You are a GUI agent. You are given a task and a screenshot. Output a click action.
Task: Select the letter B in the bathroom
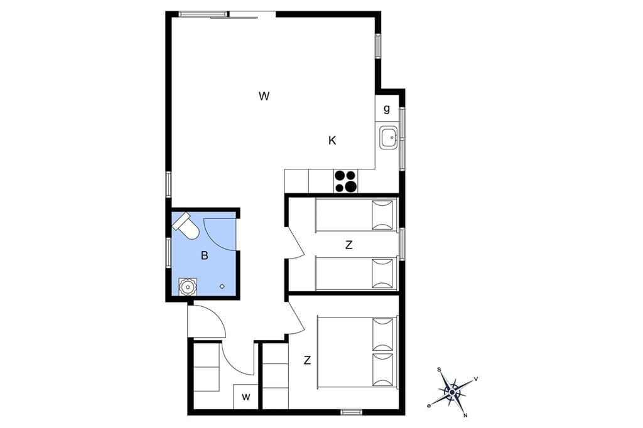(205, 256)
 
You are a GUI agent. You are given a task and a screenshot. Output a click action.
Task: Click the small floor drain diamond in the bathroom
(222, 286)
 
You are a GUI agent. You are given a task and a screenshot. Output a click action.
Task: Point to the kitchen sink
(388, 137)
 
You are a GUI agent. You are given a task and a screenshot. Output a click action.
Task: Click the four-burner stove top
(345, 181)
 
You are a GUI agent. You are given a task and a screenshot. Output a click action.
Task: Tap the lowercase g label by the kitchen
(387, 109)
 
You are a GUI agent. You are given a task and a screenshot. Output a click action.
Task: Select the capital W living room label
(264, 97)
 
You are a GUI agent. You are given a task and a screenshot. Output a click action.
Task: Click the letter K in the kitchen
(332, 141)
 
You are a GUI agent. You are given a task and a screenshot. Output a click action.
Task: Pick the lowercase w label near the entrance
(246, 397)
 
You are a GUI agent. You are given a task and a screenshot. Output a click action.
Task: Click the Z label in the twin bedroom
(349, 245)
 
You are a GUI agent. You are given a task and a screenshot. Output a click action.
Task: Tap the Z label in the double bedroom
(307, 360)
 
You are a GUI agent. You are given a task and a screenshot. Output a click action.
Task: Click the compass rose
(452, 392)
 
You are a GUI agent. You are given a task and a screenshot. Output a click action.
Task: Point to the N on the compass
(465, 415)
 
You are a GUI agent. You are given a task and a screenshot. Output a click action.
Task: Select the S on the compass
(439, 370)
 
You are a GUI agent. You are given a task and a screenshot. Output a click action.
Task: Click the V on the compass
(476, 379)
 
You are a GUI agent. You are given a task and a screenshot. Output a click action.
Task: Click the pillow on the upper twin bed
(382, 215)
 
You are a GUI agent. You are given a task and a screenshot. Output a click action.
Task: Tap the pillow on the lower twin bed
(382, 274)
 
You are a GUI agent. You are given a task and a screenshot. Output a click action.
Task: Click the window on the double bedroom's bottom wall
(352, 412)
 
